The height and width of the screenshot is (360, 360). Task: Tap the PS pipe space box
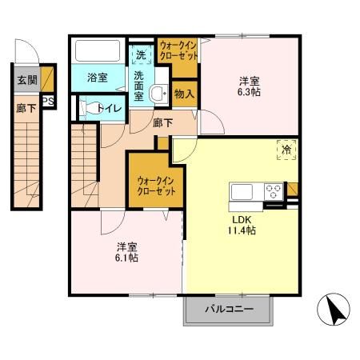click(x=49, y=102)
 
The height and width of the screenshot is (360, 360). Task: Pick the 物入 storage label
click(x=184, y=94)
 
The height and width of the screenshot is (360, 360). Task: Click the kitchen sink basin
click(x=242, y=192)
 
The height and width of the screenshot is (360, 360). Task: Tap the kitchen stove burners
click(x=273, y=192)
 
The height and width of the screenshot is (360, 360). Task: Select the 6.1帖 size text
click(x=124, y=258)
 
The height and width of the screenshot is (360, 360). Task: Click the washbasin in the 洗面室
click(x=158, y=93)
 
